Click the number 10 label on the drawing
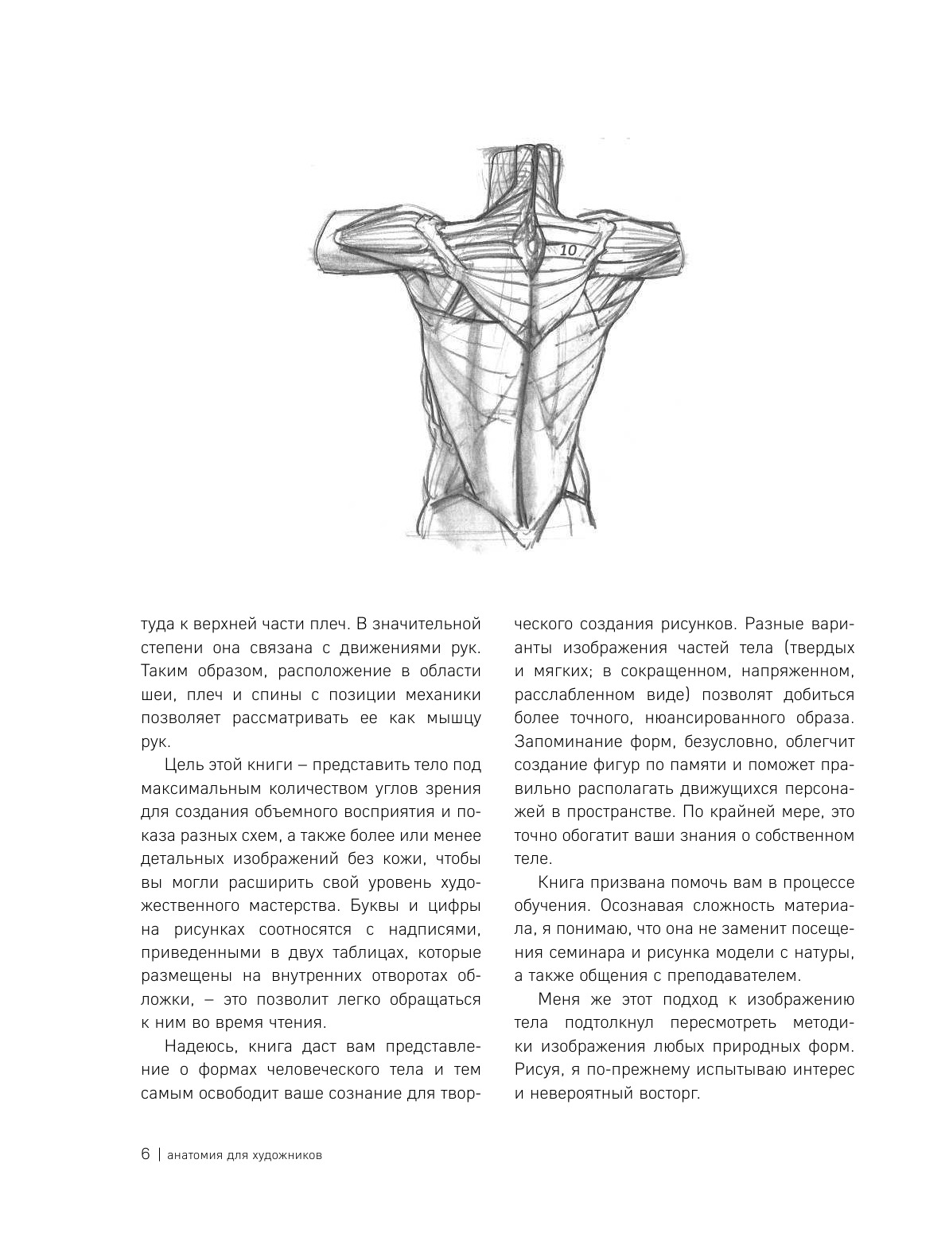568,250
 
